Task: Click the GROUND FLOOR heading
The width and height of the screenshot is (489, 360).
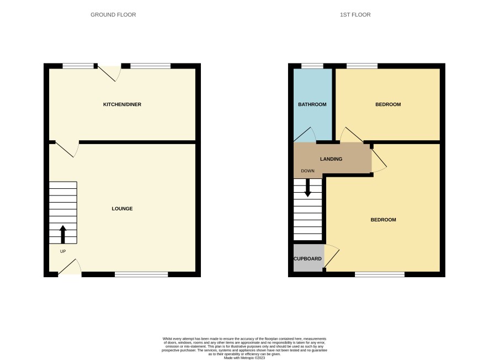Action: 113,15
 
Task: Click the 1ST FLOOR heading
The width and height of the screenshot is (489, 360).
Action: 355,15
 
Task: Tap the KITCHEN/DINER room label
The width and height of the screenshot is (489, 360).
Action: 122,104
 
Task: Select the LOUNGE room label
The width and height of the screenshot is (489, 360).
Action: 122,209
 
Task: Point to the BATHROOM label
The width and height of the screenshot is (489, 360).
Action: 312,104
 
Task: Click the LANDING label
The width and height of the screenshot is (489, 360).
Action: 331,159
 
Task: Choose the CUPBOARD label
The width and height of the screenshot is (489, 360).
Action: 307,258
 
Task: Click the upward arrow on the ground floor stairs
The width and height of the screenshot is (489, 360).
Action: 63,234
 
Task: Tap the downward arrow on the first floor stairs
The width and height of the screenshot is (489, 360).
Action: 307,187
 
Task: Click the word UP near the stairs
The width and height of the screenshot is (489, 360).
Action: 63,251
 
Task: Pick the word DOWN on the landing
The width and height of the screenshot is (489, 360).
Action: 307,171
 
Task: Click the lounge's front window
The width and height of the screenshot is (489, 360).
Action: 141,274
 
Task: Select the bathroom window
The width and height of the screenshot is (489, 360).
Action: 312,66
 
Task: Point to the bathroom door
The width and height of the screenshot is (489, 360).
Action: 305,135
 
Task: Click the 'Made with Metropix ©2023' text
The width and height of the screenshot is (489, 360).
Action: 244,358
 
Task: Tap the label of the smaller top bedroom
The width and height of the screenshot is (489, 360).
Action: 388,104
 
